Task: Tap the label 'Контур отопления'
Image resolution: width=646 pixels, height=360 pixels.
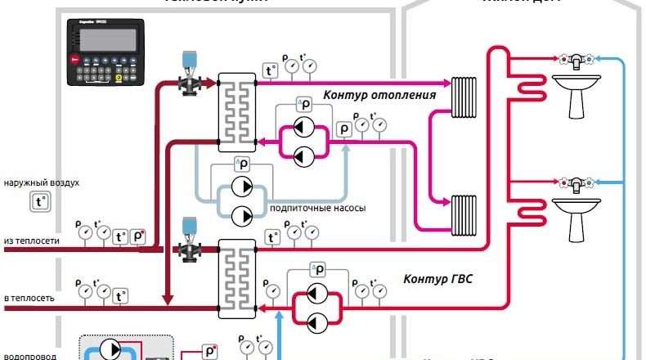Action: click(x=379, y=95)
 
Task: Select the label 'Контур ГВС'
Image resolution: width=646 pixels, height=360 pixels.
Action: click(x=437, y=279)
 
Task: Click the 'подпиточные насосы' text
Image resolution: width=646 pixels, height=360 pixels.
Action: click(x=317, y=208)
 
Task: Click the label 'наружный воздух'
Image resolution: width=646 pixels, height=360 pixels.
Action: click(x=42, y=182)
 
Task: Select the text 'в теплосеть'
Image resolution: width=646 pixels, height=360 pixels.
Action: click(x=29, y=298)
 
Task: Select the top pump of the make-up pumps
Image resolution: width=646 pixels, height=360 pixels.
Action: click(x=242, y=187)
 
